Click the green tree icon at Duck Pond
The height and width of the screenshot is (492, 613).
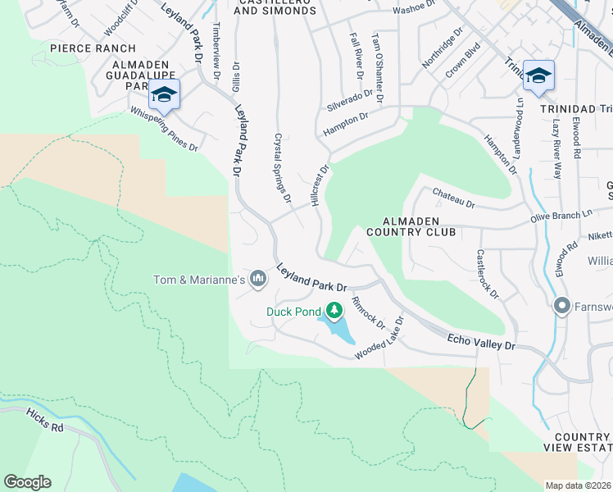(334, 311)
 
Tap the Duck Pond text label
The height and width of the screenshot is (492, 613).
(293, 312)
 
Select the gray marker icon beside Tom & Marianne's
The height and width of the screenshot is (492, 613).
(258, 280)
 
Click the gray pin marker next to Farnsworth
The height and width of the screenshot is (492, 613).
(562, 307)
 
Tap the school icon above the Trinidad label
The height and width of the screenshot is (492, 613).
(538, 76)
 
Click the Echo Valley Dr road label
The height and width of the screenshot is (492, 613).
(481, 341)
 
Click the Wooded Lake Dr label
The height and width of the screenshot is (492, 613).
(379, 340)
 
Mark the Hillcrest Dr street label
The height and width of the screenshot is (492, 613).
(320, 185)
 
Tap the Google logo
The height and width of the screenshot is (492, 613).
(27, 482)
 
